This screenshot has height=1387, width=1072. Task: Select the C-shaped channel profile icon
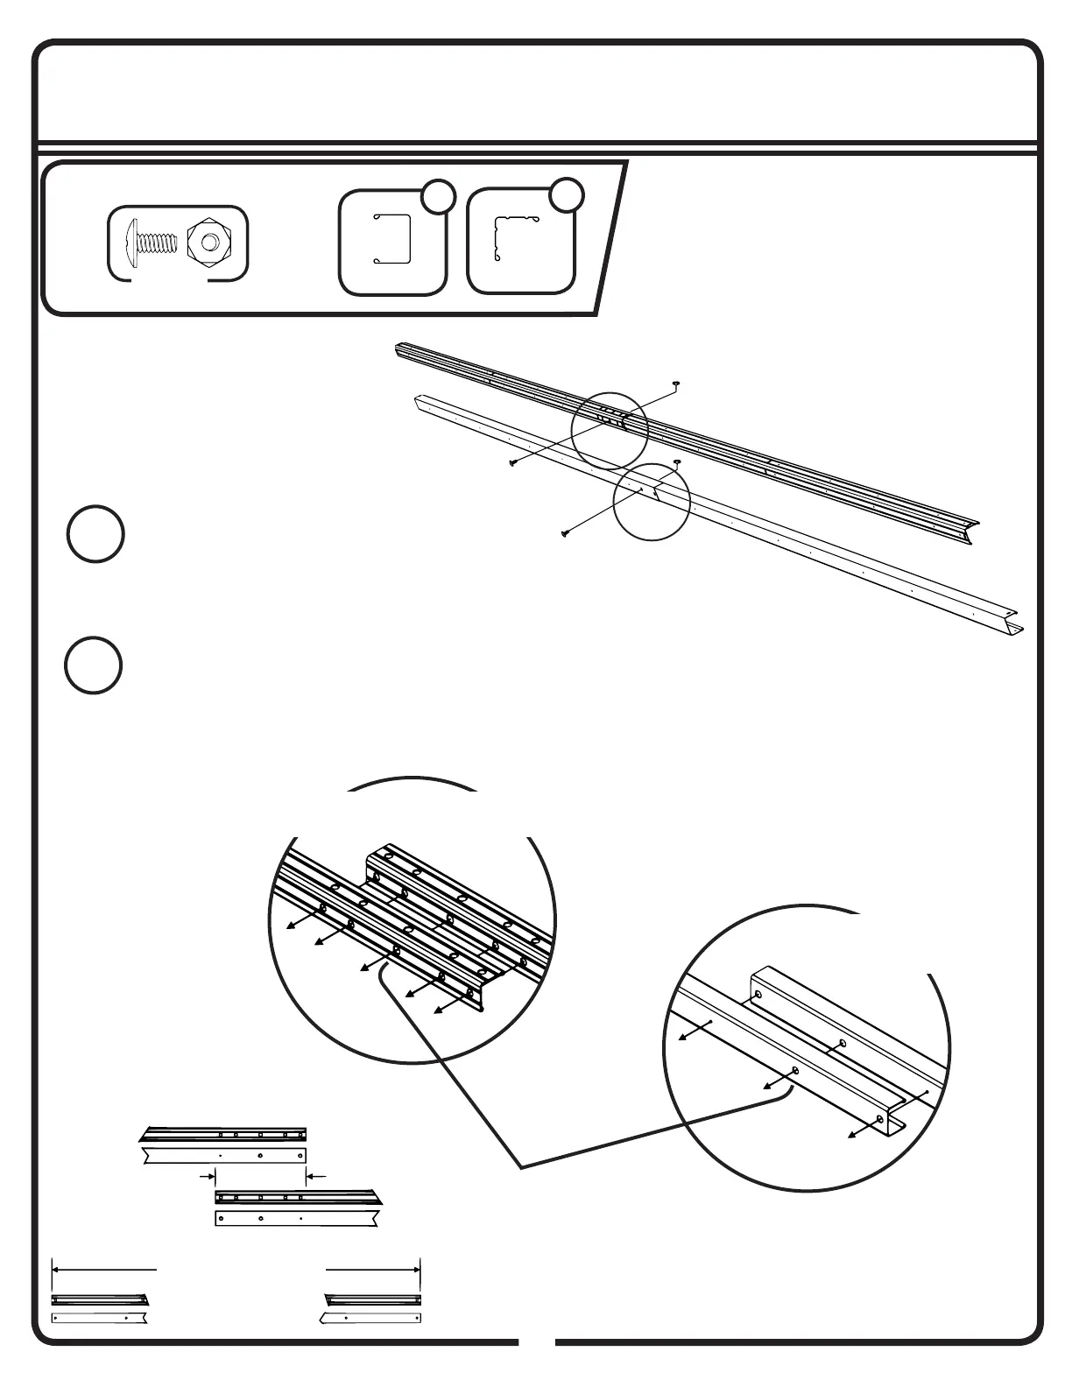click(x=393, y=238)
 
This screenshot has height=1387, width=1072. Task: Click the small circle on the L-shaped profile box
click(x=567, y=195)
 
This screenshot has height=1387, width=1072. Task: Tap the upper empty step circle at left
click(x=95, y=533)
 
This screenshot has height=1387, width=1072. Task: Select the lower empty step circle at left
click(x=93, y=667)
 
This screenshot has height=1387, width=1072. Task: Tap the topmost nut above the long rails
click(x=676, y=384)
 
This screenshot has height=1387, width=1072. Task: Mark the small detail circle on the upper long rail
click(x=610, y=430)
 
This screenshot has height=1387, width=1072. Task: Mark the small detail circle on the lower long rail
click(x=652, y=502)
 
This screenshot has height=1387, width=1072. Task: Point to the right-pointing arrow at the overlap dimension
click(x=210, y=1175)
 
